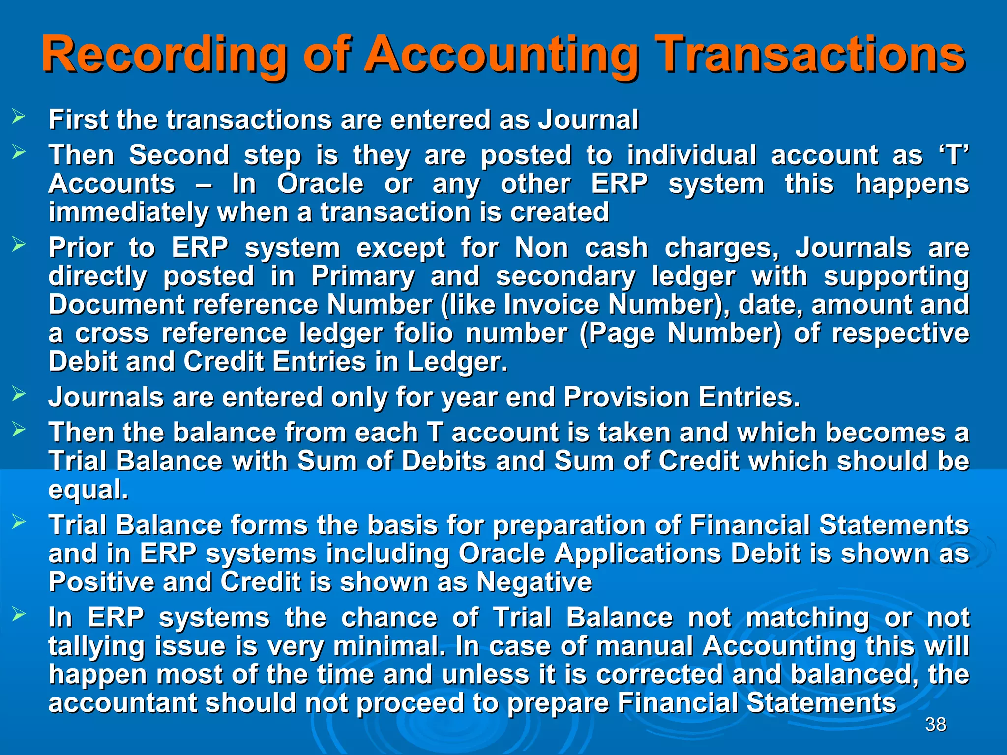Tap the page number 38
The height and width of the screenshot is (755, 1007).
pos(935,725)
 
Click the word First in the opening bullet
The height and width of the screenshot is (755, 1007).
pos(78,119)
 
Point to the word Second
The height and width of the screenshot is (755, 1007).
pos(179,155)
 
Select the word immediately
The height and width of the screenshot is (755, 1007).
pos(128,212)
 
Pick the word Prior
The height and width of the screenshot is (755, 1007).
pos(81,247)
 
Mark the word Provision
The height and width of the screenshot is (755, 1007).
pos(627,397)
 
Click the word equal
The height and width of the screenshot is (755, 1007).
pos(88,490)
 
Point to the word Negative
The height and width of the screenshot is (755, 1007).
pos(534,582)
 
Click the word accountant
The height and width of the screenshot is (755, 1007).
pos(122,703)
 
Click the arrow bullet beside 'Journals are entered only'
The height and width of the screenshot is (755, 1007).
pos(19,394)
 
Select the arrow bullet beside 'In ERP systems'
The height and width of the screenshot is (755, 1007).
pos(19,614)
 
